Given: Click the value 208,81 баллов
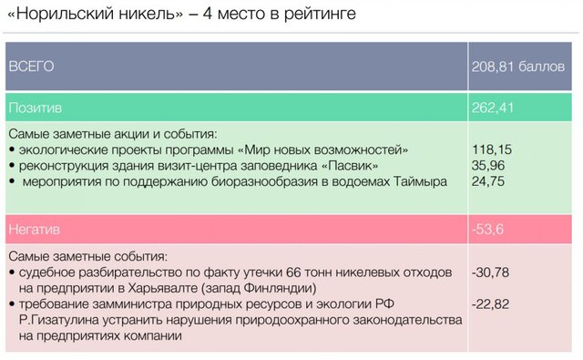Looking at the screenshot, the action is tap(518, 67).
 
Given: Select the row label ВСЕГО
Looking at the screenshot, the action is tap(31, 67).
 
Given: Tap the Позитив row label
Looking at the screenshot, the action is tap(36, 108).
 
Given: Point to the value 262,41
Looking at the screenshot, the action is tap(493, 108).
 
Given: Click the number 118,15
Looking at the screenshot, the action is tap(492, 149).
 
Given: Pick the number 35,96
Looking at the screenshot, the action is tap(488, 166).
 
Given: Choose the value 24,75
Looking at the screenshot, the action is tap(488, 181).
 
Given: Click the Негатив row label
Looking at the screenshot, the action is tap(35, 229).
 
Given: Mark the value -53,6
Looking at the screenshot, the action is tap(487, 229).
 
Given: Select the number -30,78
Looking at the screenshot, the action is tap(490, 273).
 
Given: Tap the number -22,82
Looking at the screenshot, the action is tap(490, 304).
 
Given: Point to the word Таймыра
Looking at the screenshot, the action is tap(420, 181).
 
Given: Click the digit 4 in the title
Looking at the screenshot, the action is tap(208, 14).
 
